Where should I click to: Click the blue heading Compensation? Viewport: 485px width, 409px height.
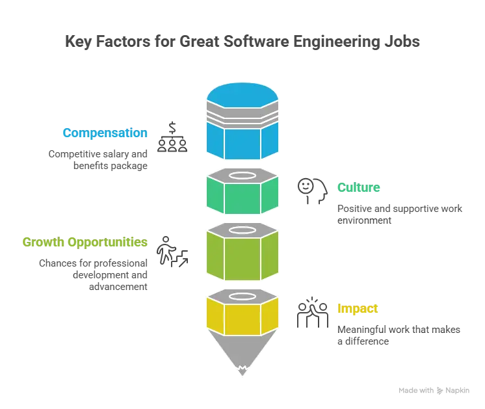[106, 133]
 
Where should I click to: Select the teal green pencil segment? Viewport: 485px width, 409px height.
[242, 196]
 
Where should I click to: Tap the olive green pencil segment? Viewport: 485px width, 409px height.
[242, 257]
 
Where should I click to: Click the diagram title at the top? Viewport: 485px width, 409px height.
[242, 41]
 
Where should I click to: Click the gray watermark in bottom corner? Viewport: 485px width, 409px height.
[434, 389]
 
